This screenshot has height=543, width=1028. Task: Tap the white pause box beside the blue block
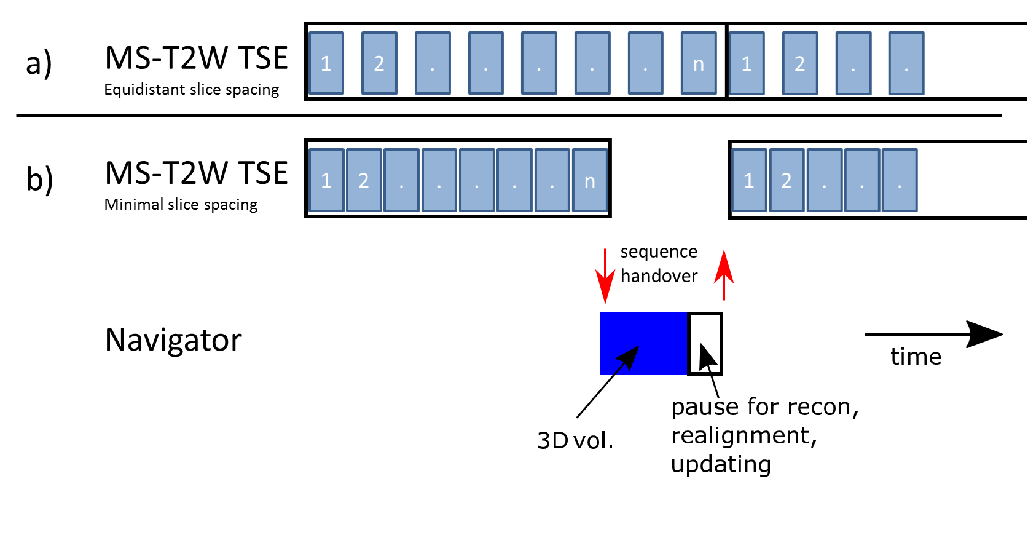pyautogui.click(x=705, y=343)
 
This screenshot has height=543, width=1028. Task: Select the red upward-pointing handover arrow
pyautogui.click(x=724, y=274)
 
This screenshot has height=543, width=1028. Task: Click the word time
pyautogui.click(x=916, y=357)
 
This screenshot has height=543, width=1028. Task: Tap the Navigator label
pyautogui.click(x=173, y=340)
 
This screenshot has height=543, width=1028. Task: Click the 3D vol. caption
pyautogui.click(x=575, y=440)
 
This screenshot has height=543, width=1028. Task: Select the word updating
pyautogui.click(x=721, y=464)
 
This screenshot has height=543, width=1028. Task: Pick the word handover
pyautogui.click(x=659, y=276)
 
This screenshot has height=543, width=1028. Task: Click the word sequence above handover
pyautogui.click(x=659, y=252)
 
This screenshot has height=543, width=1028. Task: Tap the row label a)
pyautogui.click(x=39, y=63)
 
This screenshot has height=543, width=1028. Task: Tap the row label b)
pyautogui.click(x=39, y=180)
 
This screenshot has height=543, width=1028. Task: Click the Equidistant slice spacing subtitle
pyautogui.click(x=191, y=90)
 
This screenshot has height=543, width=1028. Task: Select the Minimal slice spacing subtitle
pyautogui.click(x=181, y=205)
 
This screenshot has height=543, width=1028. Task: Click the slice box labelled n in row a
pyautogui.click(x=699, y=63)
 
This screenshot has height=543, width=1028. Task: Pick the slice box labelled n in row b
pyautogui.click(x=590, y=181)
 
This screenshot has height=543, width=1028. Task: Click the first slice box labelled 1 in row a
pyautogui.click(x=326, y=63)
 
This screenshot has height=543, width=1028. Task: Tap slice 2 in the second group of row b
pyautogui.click(x=787, y=181)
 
